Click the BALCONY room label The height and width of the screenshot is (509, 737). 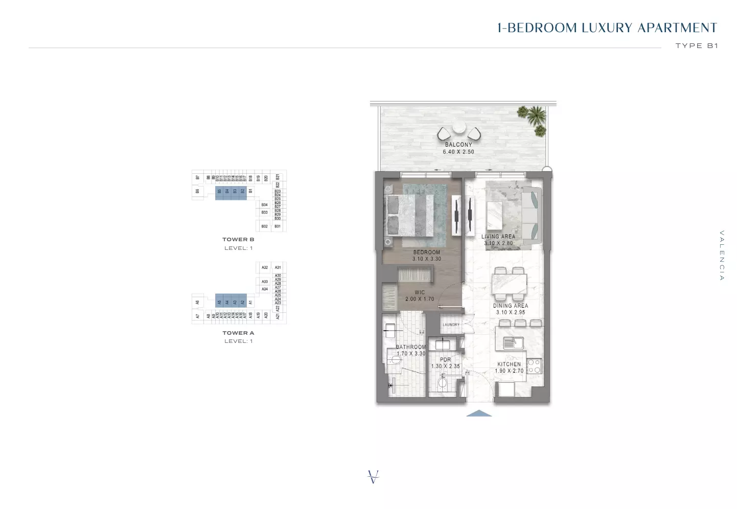click(x=458, y=145)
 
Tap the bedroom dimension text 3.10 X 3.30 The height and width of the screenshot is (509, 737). click(x=427, y=259)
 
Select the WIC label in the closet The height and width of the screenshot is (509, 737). click(x=420, y=292)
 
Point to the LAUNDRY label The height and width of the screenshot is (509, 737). click(x=451, y=325)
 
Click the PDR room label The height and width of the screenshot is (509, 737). click(x=446, y=360)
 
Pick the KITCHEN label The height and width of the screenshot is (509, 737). click(x=509, y=364)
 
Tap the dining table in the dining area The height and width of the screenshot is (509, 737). click(x=509, y=284)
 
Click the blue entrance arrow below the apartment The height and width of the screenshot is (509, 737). click(x=479, y=413)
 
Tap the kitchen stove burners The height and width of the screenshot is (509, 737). click(x=534, y=366)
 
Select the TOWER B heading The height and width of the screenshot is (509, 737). click(x=238, y=240)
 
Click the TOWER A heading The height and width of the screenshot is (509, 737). click(x=238, y=333)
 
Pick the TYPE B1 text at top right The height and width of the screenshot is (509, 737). click(x=697, y=45)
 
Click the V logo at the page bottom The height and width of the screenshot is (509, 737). click(x=374, y=477)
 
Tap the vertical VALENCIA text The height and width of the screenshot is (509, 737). click(x=722, y=256)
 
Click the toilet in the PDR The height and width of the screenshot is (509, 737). click(x=443, y=382)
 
